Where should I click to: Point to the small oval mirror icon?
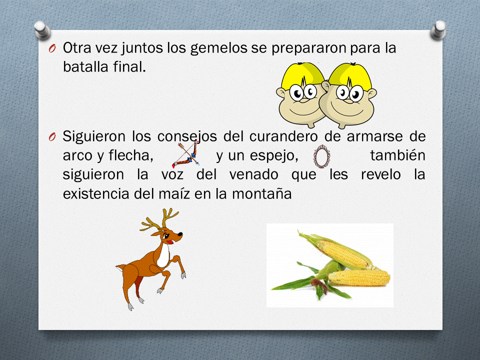320,156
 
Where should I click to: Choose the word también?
397,155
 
